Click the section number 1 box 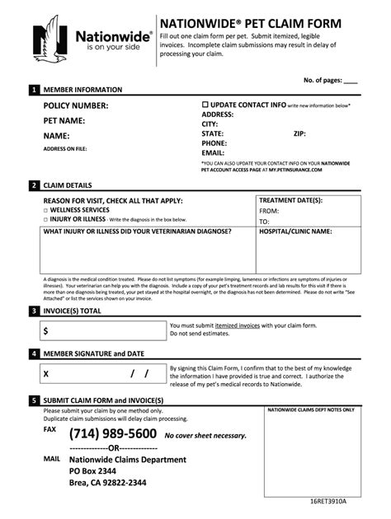34,89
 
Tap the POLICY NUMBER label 76,106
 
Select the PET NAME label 66,120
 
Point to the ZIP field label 299,133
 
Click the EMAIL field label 213,152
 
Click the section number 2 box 34,185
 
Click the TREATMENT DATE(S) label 290,200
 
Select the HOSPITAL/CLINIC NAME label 295,231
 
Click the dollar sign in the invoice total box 47,330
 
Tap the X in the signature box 46,374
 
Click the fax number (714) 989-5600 113,434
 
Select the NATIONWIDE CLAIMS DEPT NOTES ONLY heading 312,409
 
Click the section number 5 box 34,400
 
